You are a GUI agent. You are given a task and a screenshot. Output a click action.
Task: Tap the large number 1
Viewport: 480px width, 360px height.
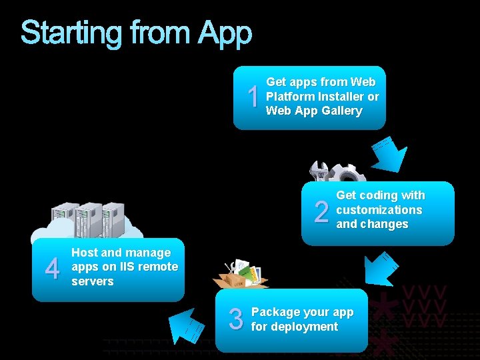(x=253, y=98)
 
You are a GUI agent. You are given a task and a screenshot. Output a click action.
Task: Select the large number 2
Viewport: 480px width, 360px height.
(x=321, y=213)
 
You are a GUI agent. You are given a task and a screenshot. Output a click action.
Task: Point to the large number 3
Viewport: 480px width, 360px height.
(x=236, y=319)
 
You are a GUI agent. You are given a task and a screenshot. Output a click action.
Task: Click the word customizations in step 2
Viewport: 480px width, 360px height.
(x=379, y=210)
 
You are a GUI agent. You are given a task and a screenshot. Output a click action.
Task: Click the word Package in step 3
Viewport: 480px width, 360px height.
(x=275, y=312)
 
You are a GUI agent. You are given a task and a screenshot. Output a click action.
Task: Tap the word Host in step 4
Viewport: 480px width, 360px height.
(x=84, y=253)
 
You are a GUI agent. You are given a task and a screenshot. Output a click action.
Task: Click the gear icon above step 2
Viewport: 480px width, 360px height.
(x=347, y=174)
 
